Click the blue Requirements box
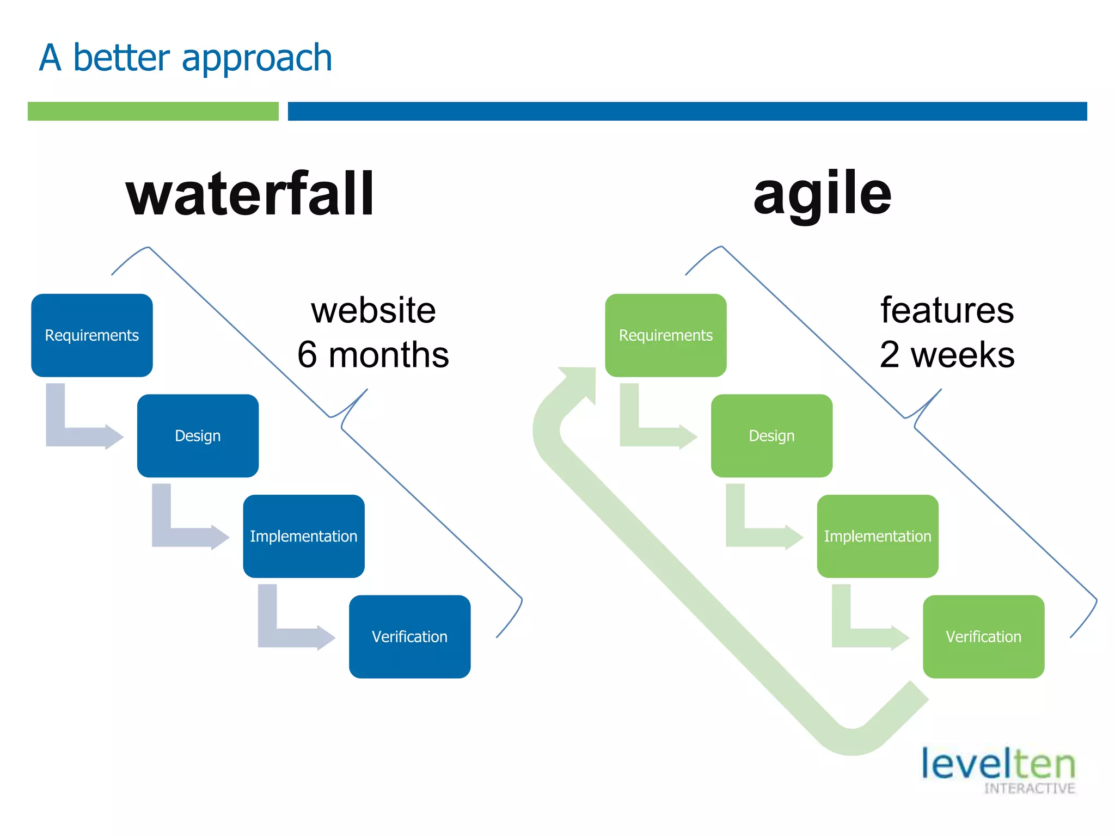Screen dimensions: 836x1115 tap(91, 335)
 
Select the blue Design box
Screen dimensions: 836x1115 tap(198, 435)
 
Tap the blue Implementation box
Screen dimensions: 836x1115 tap(303, 536)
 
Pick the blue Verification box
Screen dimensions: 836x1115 tap(409, 636)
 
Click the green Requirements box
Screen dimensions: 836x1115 tap(665, 335)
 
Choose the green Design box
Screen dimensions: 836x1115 tap(771, 435)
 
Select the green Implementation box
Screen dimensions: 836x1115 tap(877, 536)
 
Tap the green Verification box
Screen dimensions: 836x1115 tap(983, 636)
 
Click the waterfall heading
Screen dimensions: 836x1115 tap(250, 194)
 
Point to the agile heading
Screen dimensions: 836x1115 tap(822, 194)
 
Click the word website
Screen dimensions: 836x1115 tap(373, 311)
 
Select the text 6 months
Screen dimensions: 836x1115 tap(373, 355)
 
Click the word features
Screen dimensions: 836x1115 tap(947, 311)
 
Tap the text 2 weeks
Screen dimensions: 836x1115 tap(947, 355)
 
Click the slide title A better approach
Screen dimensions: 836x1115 tap(186, 58)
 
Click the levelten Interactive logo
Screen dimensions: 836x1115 tap(998, 770)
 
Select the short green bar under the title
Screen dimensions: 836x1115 tap(153, 111)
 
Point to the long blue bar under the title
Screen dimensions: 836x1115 tap(687, 111)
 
